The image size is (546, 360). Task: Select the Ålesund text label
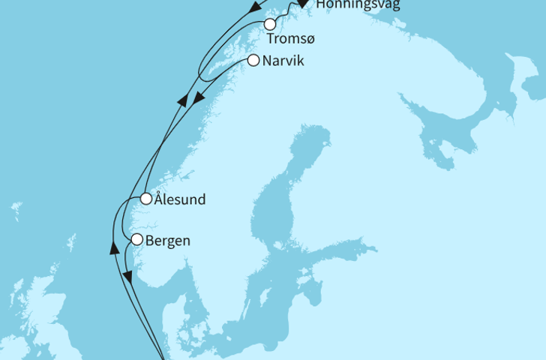[x=180, y=199]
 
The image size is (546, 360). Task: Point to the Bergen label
[x=169, y=241]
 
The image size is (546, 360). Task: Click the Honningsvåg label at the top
[x=358, y=4]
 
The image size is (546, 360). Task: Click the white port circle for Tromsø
[x=269, y=24]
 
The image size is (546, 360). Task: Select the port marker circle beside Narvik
[x=253, y=61]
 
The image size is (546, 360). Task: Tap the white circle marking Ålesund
[x=147, y=199]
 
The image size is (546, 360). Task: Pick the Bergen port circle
[x=136, y=240]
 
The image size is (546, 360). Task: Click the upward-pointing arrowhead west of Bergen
[x=115, y=247]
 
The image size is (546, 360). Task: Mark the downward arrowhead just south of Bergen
[x=127, y=277]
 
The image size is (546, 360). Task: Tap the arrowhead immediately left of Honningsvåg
[x=302, y=4]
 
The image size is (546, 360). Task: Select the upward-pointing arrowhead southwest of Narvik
[x=182, y=100]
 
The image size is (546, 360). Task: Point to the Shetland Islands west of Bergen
[x=71, y=244]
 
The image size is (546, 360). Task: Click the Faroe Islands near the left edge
[x=16, y=210]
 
